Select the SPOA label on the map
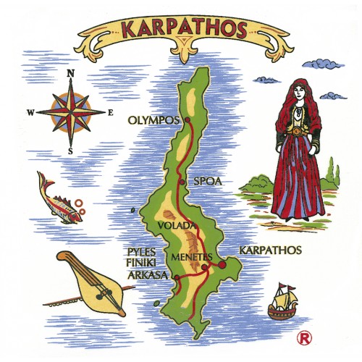[208, 181]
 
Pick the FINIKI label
[140, 263]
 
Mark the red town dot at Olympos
[187, 119]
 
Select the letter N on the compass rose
[71, 74]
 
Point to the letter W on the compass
[30, 112]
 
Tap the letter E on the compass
[110, 112]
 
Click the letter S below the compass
[71, 151]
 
